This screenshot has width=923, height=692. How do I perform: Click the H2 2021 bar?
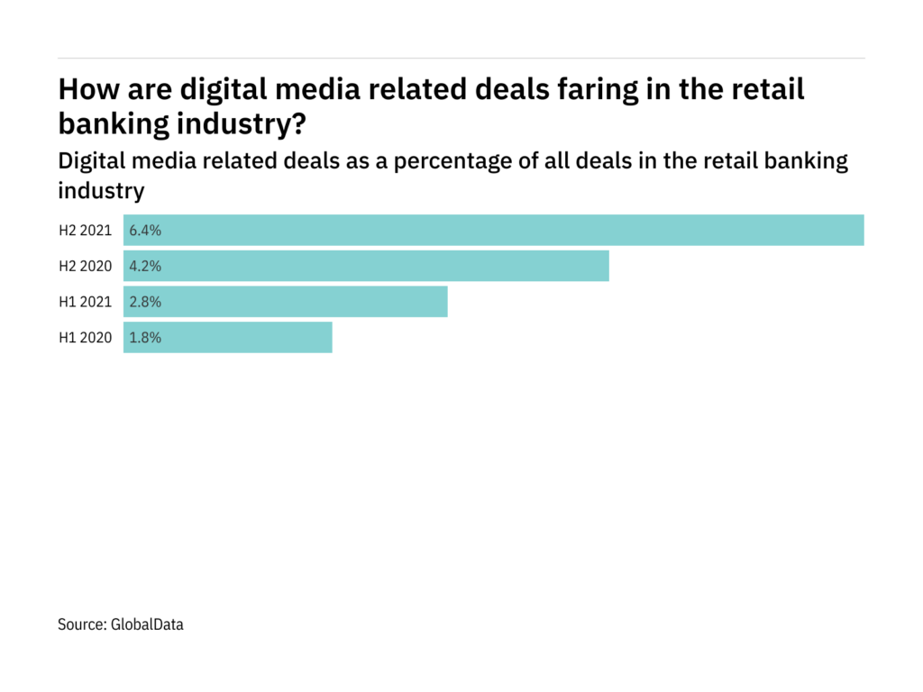[494, 230]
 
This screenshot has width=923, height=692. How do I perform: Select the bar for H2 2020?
[366, 266]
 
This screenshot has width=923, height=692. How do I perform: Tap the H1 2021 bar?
[286, 302]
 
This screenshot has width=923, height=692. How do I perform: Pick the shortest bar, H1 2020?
[228, 338]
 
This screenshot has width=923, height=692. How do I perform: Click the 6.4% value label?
[145, 230]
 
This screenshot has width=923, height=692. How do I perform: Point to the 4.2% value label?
[145, 266]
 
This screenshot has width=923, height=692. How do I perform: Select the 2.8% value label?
[145, 302]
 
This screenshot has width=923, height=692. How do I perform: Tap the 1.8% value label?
[145, 338]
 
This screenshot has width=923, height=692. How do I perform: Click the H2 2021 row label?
[86, 230]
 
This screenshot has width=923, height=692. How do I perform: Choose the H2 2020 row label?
[86, 266]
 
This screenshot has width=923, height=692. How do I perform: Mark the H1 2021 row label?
[86, 302]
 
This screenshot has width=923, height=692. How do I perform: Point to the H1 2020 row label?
[86, 338]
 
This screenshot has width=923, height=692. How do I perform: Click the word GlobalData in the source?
[148, 624]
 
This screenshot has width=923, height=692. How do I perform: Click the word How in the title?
[83, 89]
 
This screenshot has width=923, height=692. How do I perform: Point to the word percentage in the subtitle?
[489, 161]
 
